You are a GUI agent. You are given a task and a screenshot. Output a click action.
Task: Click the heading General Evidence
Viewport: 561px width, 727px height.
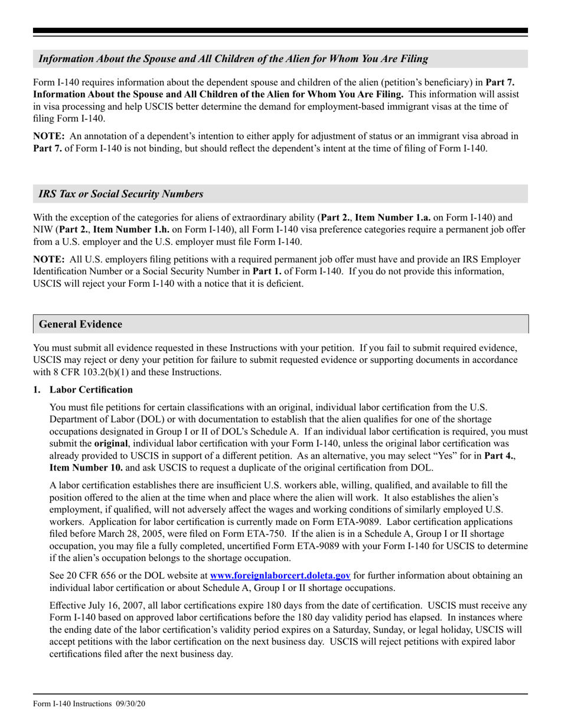tap(80, 324)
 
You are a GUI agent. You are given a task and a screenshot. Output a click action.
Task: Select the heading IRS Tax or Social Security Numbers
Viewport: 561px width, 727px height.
tap(121, 194)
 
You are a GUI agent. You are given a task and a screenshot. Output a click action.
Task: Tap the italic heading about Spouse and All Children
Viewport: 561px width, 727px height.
tap(233, 59)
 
